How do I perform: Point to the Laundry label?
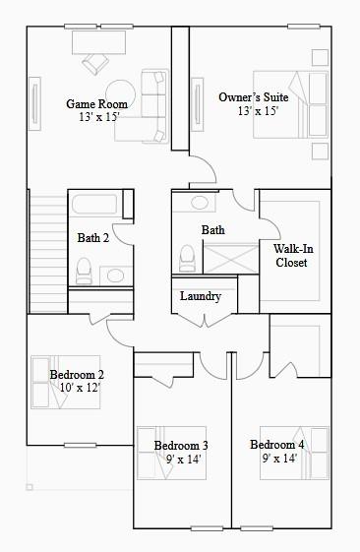[201, 296]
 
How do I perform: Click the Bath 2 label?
[92, 237]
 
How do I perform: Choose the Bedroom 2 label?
[77, 375]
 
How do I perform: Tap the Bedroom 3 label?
[181, 446]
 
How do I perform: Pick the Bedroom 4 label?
[276, 444]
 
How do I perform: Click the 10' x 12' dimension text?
[80, 388]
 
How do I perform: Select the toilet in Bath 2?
[84, 268]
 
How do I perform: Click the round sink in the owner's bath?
[201, 203]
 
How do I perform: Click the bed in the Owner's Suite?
[289, 103]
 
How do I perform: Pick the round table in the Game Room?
[121, 95]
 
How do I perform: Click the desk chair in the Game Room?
[95, 62]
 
